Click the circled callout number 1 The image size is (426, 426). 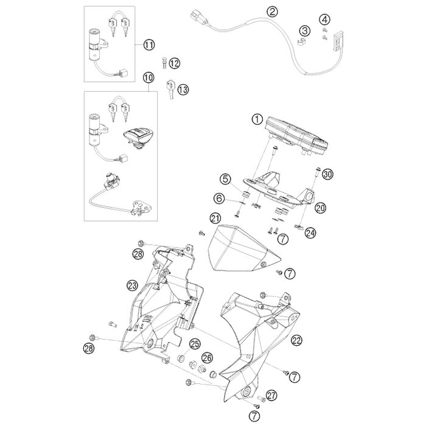[257, 119]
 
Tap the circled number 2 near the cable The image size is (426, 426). [272, 12]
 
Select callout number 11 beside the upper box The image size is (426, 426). [149, 45]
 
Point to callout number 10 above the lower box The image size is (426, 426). [148, 77]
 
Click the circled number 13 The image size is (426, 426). [183, 89]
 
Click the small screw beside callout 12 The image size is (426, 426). [164, 63]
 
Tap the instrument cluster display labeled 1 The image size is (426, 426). [297, 136]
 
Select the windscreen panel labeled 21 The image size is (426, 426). [239, 248]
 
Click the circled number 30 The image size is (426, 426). [327, 174]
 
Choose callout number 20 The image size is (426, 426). [321, 208]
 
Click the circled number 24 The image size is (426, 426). [310, 232]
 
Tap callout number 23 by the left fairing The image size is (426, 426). [132, 285]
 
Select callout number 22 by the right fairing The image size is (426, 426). [297, 340]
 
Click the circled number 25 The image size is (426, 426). [195, 344]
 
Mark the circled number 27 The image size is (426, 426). [271, 396]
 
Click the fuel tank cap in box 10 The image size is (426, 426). [139, 137]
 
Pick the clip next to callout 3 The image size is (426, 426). [301, 43]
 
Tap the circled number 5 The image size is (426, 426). [226, 180]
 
